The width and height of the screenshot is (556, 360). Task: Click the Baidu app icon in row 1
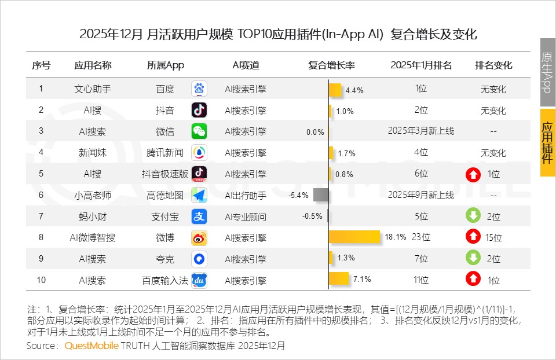(199, 89)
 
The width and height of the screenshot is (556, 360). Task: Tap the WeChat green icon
(199, 131)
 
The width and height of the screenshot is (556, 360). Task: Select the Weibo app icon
(199, 237)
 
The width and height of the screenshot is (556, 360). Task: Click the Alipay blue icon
(199, 216)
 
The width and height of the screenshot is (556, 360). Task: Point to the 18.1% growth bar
(354, 237)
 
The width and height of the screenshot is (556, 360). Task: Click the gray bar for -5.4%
(321, 195)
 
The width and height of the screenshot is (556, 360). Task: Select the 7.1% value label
(362, 280)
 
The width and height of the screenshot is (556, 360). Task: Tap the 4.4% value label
(354, 90)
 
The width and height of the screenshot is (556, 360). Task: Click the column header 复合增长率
(331, 65)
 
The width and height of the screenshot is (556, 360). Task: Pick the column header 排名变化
(493, 65)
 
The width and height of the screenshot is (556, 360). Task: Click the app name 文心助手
(93, 89)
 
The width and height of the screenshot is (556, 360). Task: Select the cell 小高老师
(93, 195)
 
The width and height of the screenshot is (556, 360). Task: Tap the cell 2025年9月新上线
(421, 195)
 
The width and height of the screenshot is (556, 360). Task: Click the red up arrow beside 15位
(473, 237)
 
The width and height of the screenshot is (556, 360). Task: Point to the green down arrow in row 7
(473, 216)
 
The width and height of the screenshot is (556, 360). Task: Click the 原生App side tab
(547, 72)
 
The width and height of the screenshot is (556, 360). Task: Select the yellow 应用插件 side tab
(547, 141)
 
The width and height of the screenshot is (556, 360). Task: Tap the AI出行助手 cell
(246, 195)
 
